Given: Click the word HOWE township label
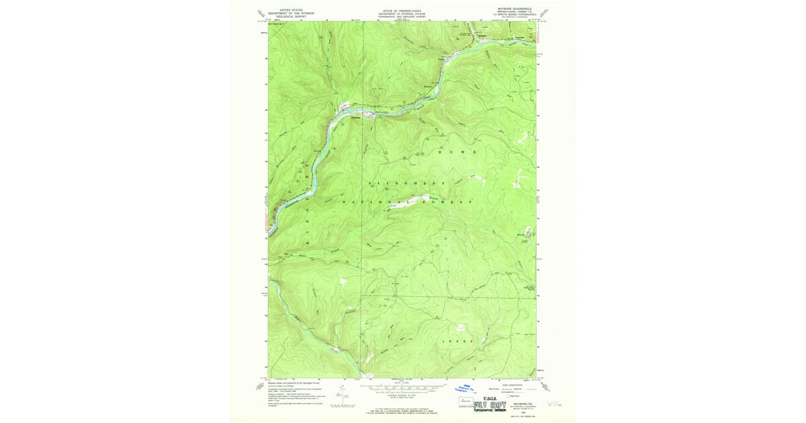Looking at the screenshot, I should tap(457, 152).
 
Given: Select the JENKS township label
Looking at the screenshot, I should tap(457, 341).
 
